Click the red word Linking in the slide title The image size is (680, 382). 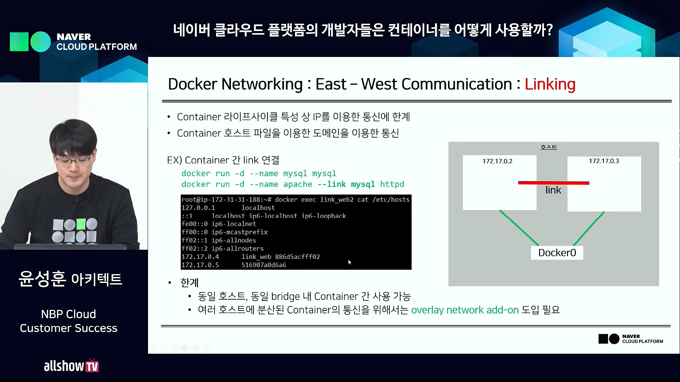pyautogui.click(x=550, y=84)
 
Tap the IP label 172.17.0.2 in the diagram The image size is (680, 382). pyautogui.click(x=497, y=161)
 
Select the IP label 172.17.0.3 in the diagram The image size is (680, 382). pyautogui.click(x=604, y=161)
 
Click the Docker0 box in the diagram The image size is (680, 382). pyautogui.click(x=557, y=253)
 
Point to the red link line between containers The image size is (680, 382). pyautogui.click(x=554, y=183)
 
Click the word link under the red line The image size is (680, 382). pyautogui.click(x=553, y=190)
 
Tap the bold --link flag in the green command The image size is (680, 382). pyautogui.click(x=331, y=184)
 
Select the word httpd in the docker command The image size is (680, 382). pyautogui.click(x=392, y=184)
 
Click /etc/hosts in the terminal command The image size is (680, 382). pyautogui.click(x=391, y=199)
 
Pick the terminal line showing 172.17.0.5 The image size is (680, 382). pyautogui.click(x=234, y=265)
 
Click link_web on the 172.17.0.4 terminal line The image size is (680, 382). pyautogui.click(x=256, y=257)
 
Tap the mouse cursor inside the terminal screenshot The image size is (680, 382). pyautogui.click(x=350, y=262)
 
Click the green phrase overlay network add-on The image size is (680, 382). pyautogui.click(x=465, y=310)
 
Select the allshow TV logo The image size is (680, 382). pyautogui.click(x=71, y=366)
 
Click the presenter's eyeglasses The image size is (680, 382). pyautogui.click(x=72, y=161)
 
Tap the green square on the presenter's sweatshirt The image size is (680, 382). pyautogui.click(x=81, y=224)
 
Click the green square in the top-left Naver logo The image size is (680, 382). pyautogui.click(x=19, y=42)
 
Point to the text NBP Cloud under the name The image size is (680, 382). pyautogui.click(x=68, y=314)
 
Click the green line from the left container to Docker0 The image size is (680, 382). pyautogui.click(x=519, y=228)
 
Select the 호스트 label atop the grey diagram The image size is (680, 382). pyautogui.click(x=549, y=147)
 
